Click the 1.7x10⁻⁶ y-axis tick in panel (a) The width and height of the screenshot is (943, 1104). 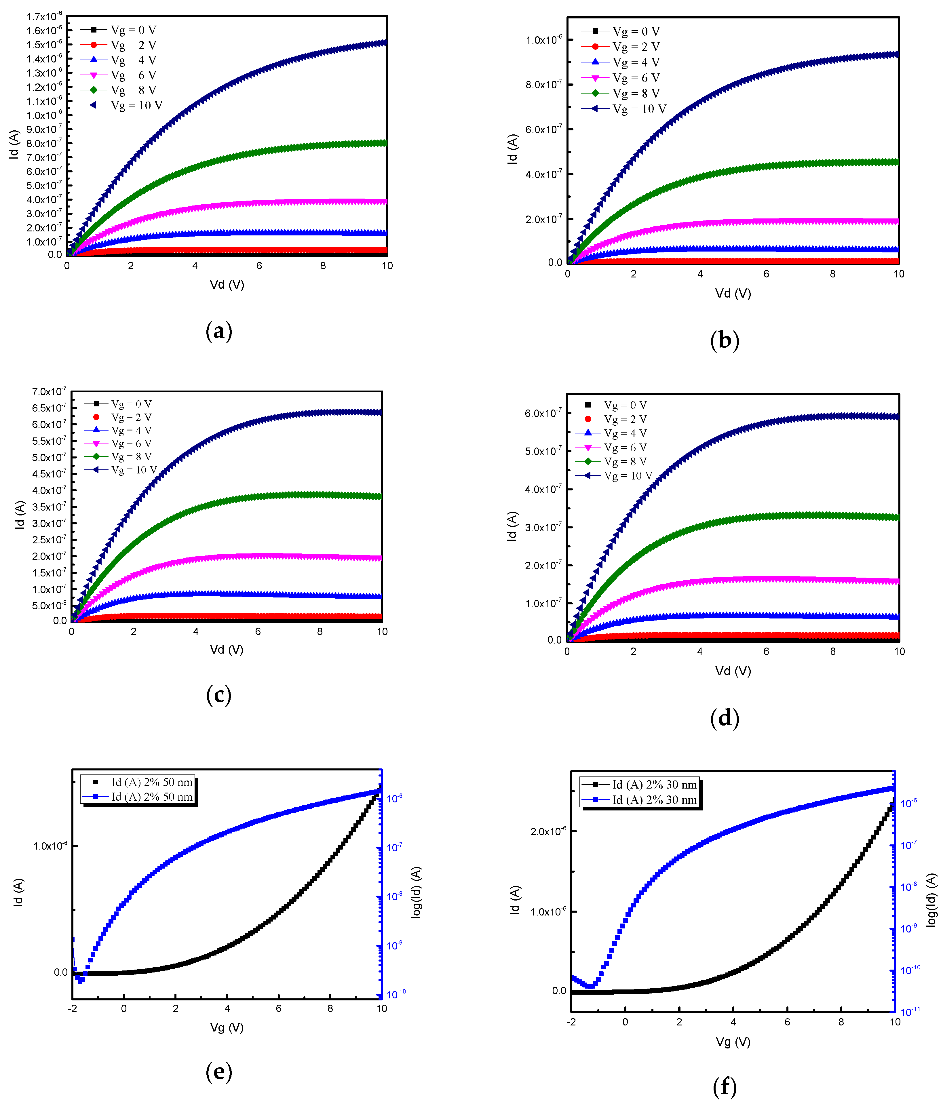pyautogui.click(x=44, y=16)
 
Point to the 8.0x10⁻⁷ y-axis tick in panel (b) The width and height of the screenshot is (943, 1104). pyautogui.click(x=543, y=85)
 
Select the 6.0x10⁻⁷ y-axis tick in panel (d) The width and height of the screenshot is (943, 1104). pyautogui.click(x=543, y=414)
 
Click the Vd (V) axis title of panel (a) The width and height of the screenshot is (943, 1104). pyautogui.click(x=227, y=285)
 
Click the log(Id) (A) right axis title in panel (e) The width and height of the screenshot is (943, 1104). pyautogui.click(x=417, y=892)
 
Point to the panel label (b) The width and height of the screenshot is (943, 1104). pyautogui.click(x=725, y=340)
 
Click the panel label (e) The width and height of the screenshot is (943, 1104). pyautogui.click(x=218, y=1072)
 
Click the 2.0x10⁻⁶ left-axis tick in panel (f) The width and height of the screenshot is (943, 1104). pyautogui.click(x=548, y=832)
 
